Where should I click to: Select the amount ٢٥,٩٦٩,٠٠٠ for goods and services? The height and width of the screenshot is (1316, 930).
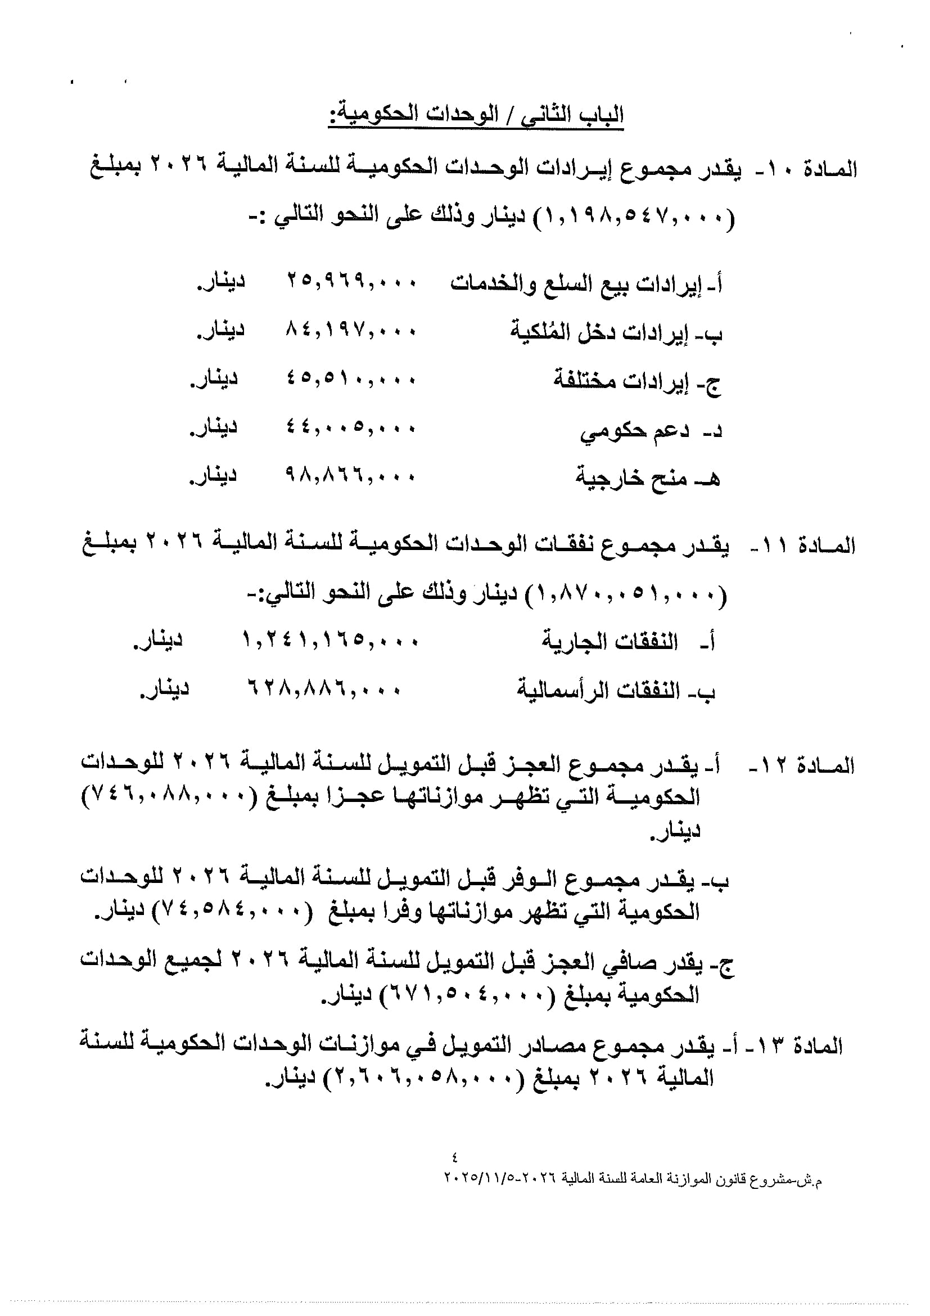click(351, 282)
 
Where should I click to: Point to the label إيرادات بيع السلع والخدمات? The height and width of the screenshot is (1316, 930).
click(586, 283)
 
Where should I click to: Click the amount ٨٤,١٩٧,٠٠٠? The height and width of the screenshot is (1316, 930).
click(351, 331)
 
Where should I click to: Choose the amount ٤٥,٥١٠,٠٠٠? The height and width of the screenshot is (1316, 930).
click(351, 379)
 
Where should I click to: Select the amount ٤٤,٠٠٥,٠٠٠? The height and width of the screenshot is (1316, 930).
click(351, 427)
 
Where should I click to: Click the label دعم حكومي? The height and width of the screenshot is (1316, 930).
click(651, 430)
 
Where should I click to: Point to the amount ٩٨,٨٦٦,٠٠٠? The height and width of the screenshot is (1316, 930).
click(351, 476)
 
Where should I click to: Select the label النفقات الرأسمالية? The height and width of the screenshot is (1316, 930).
click(616, 690)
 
